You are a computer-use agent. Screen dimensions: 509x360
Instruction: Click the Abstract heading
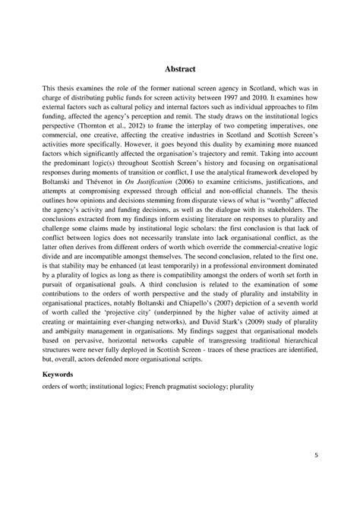[180, 68]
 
